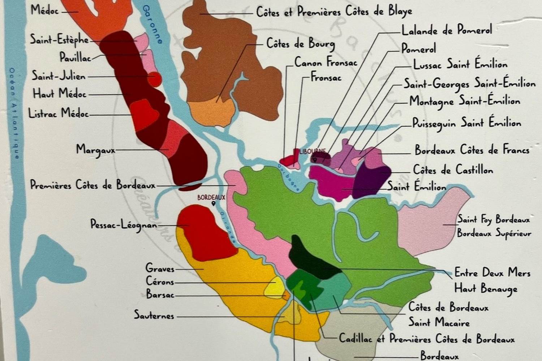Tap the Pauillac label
coord(75,57)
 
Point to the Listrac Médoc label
coord(59,113)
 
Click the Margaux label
coord(95,149)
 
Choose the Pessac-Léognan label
coord(124,225)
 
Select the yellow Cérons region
coord(275,287)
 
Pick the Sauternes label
coord(154,315)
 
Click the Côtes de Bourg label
coord(301,44)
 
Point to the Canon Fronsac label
coord(326,62)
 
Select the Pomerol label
coord(418,48)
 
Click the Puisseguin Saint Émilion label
coord(467,123)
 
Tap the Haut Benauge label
coord(486,288)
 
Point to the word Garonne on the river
coord(152,24)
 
